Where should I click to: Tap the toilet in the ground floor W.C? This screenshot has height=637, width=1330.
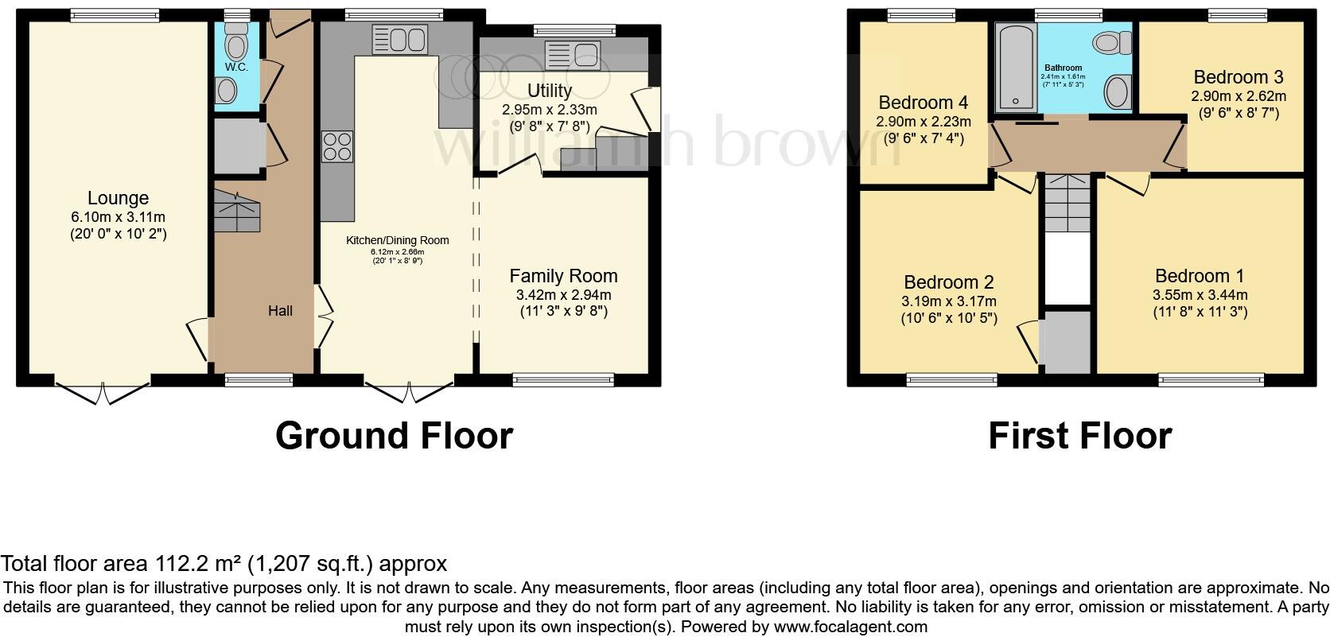pyautogui.click(x=236, y=37)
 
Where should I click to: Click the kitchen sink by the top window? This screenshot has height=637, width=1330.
pyautogui.click(x=399, y=38)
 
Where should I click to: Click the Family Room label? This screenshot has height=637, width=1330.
pyautogui.click(x=563, y=276)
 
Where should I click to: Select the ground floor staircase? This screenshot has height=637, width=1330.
pyautogui.click(x=236, y=211)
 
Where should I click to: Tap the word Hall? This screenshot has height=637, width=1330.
pyautogui.click(x=280, y=311)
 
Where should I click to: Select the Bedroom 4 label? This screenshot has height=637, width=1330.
pyautogui.click(x=923, y=103)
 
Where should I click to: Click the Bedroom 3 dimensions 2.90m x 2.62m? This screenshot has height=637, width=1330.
pyautogui.click(x=1238, y=96)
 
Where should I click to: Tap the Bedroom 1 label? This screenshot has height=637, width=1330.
pyautogui.click(x=1200, y=276)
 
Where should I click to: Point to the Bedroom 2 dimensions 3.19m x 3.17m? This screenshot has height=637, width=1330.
pyautogui.click(x=948, y=301)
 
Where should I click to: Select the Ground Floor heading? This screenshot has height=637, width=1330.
pyautogui.click(x=394, y=436)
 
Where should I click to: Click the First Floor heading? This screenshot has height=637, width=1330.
pyautogui.click(x=1079, y=436)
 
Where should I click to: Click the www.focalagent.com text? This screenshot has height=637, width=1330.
pyautogui.click(x=850, y=626)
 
